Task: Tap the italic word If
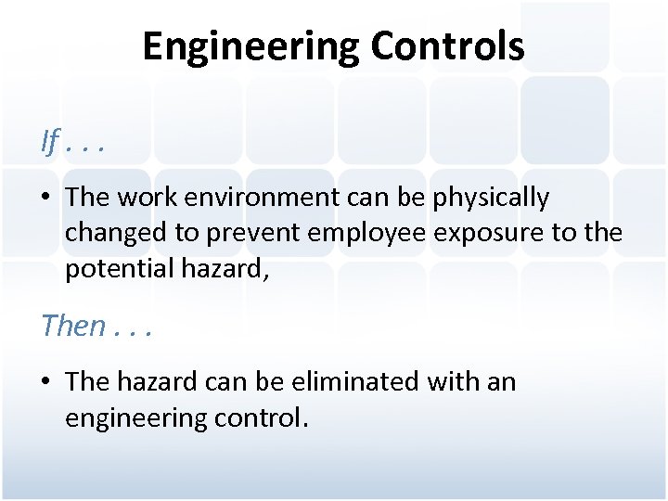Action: click(x=50, y=142)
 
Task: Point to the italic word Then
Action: click(x=73, y=326)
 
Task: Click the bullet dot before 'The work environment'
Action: click(x=45, y=198)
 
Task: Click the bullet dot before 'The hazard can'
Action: click(x=45, y=382)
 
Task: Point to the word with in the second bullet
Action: click(x=445, y=381)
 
